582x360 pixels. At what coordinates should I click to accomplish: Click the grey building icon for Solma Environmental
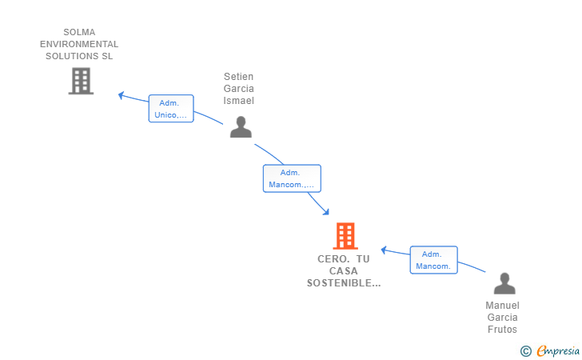81,81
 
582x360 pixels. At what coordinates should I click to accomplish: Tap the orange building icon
345,236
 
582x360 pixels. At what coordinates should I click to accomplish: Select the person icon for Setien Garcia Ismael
241,127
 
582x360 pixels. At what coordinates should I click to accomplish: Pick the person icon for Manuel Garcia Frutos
504,284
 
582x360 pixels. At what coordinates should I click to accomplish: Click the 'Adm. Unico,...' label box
171,109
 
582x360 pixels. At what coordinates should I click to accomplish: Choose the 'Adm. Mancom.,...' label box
292,178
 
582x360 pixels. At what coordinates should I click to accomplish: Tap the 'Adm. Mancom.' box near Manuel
434,260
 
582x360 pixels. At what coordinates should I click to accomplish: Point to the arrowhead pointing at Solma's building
121,95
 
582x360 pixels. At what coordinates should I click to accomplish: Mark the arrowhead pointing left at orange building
384,250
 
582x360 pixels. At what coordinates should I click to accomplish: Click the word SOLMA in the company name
79,33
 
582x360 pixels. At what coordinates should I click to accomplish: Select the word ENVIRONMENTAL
79,45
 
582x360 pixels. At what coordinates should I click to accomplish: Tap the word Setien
238,77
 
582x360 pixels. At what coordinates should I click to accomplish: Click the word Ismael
238,101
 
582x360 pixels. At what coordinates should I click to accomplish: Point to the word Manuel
502,306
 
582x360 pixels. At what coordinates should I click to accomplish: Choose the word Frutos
502,330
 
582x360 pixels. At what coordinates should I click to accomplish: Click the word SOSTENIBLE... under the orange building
344,283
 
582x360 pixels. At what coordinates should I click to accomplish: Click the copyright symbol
525,350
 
